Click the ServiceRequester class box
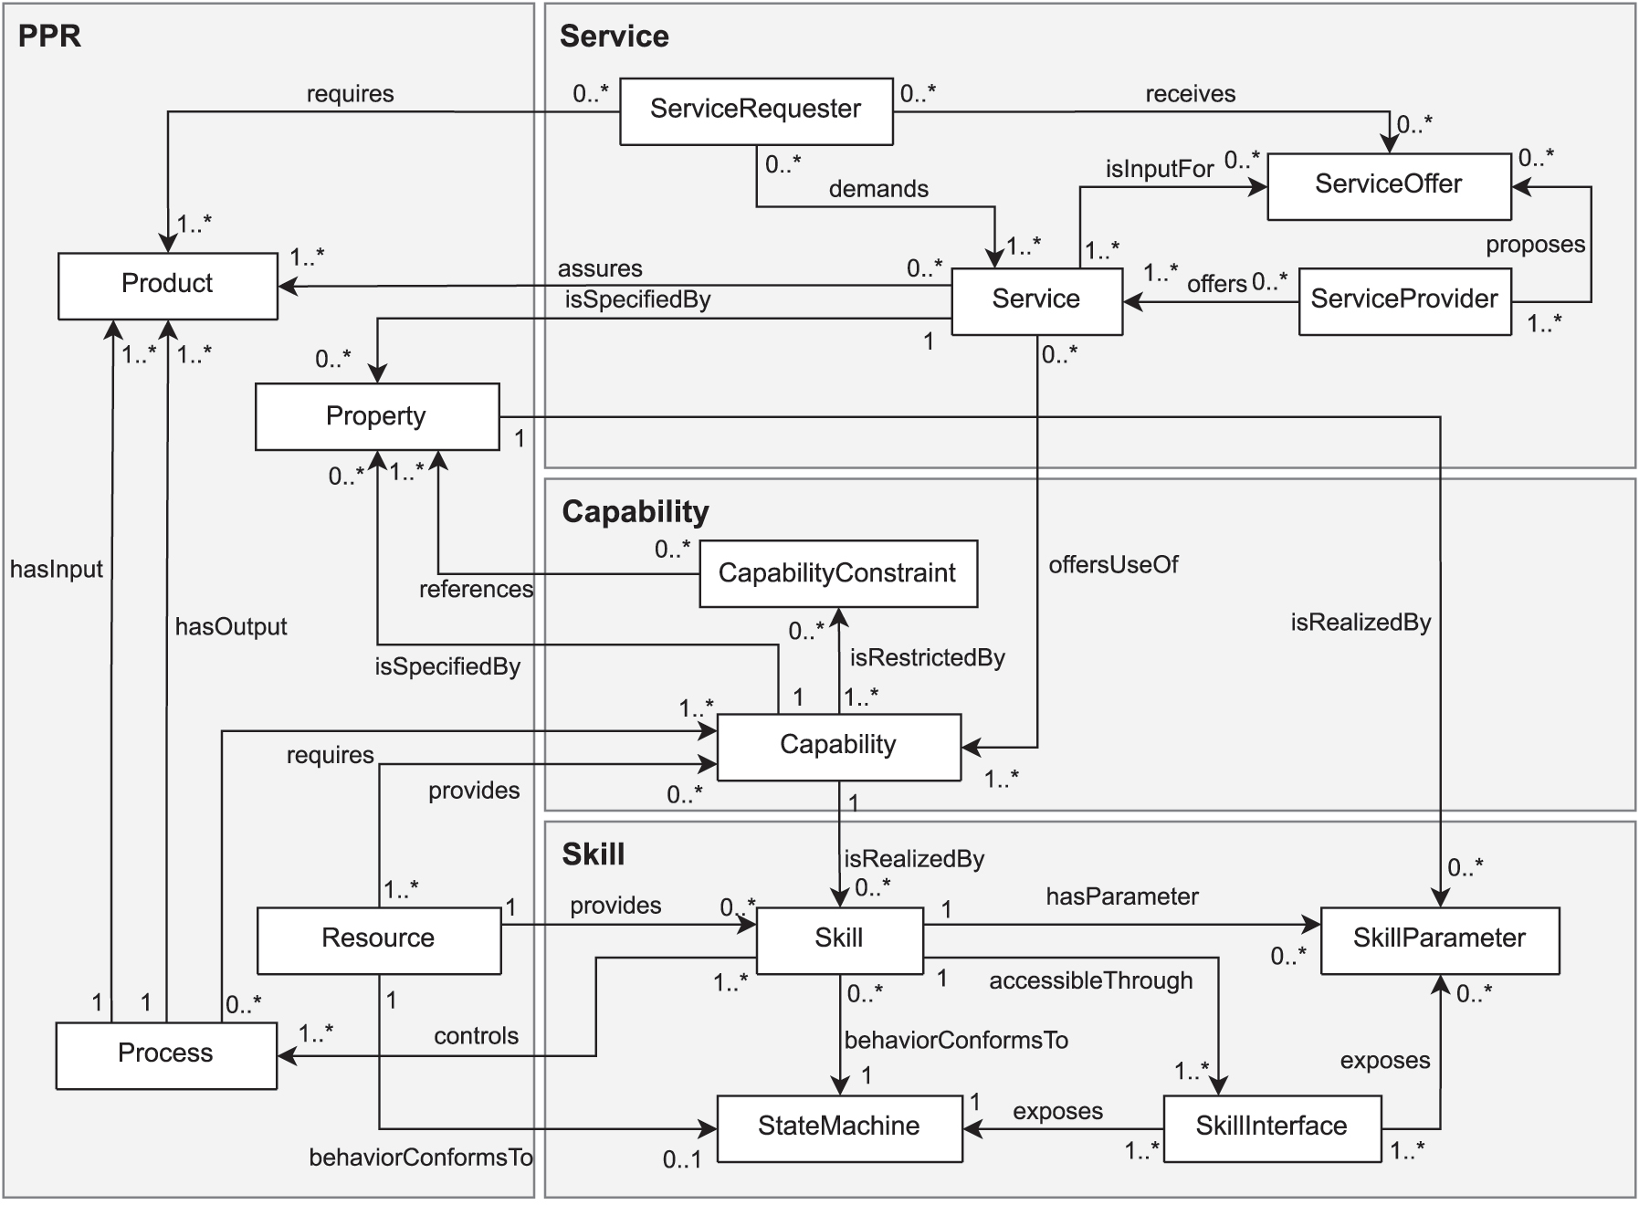(756, 110)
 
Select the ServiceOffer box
(1388, 185)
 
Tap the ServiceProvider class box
(1403, 300)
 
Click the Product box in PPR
(167, 285)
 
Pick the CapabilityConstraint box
(837, 573)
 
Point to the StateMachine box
(838, 1127)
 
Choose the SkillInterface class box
(1271, 1127)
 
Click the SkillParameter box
(1439, 939)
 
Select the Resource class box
(378, 939)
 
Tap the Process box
(165, 1054)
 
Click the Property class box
(376, 416)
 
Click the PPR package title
(49, 36)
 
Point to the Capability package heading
(636, 512)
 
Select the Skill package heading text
(594, 854)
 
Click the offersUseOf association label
(1113, 565)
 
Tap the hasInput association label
(57, 570)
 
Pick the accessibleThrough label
(1091, 981)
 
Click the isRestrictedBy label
(927, 658)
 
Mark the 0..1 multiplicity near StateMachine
(682, 1160)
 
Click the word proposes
(1535, 245)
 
